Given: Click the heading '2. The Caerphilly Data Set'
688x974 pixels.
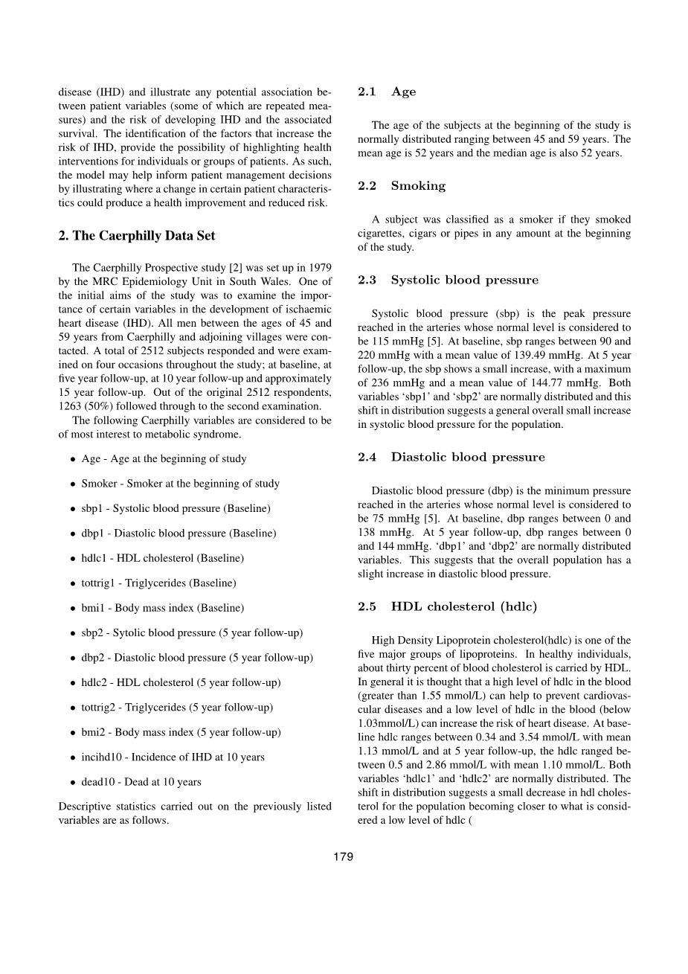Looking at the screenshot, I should [x=137, y=236].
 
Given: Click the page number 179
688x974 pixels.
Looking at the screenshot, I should [x=343, y=856].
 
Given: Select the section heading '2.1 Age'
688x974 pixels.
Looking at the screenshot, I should [x=386, y=92].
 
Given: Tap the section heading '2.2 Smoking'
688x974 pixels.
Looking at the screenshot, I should [x=402, y=186].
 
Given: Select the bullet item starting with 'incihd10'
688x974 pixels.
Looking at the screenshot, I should [x=173, y=757].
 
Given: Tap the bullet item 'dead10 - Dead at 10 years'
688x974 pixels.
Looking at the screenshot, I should [x=141, y=782].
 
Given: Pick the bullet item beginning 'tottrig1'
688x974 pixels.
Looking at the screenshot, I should [x=158, y=583].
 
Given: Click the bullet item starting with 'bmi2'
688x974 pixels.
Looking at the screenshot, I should [x=181, y=732].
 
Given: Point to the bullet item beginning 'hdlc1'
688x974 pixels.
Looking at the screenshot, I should [x=162, y=558].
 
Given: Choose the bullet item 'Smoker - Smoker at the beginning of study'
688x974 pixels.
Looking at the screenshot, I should [x=180, y=484].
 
